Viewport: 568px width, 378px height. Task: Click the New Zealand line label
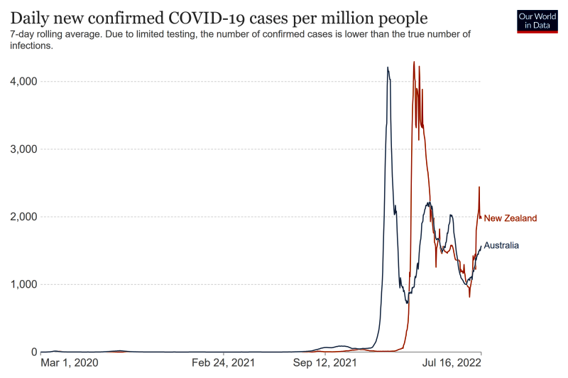pos(510,218)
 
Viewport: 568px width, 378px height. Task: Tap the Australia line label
pos(501,245)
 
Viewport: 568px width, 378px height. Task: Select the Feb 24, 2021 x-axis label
pos(224,363)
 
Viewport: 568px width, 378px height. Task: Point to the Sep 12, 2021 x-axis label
pos(325,363)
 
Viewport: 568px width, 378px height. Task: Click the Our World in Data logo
pos(537,21)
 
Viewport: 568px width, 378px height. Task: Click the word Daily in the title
pos(31,17)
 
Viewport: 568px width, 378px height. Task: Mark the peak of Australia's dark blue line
pos(387,67)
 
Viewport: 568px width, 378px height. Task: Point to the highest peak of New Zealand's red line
pos(414,62)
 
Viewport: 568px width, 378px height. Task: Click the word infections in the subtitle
pos(32,45)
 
